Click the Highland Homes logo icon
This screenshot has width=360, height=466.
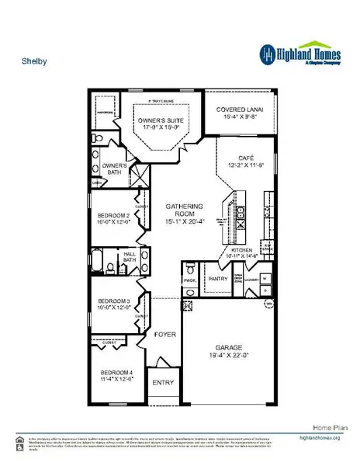tap(267, 53)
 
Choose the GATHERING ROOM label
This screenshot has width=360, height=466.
tap(185, 211)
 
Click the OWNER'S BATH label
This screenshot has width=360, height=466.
tap(115, 169)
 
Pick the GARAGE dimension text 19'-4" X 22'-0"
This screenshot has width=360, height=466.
tap(227, 356)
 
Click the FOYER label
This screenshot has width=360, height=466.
tap(164, 335)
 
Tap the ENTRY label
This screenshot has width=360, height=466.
tap(163, 382)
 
